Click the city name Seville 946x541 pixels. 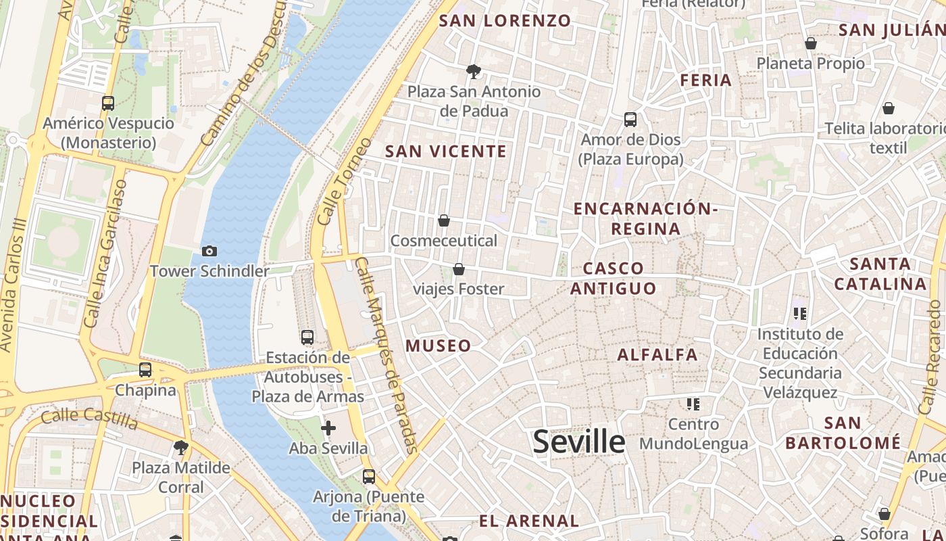[x=579, y=442]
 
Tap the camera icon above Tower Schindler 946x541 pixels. [x=209, y=251]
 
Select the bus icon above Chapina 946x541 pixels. [x=145, y=370]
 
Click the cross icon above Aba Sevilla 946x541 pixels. [x=328, y=427]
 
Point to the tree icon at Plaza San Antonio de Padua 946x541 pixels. [x=474, y=71]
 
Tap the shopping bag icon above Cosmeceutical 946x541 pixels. [x=444, y=220]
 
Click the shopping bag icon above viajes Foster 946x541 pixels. [x=459, y=269]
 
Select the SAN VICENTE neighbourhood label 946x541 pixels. [x=446, y=151]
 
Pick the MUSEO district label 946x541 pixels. [x=439, y=346]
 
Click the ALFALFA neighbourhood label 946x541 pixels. [x=657, y=354]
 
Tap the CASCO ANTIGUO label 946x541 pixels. [x=613, y=279]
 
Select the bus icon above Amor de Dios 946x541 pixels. [x=630, y=120]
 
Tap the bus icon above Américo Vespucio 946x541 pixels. [x=108, y=103]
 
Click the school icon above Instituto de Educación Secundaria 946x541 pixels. [x=801, y=314]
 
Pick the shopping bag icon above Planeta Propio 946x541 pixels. [x=811, y=43]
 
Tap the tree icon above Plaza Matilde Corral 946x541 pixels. [x=180, y=447]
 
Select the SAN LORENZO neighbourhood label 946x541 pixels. [x=505, y=20]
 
